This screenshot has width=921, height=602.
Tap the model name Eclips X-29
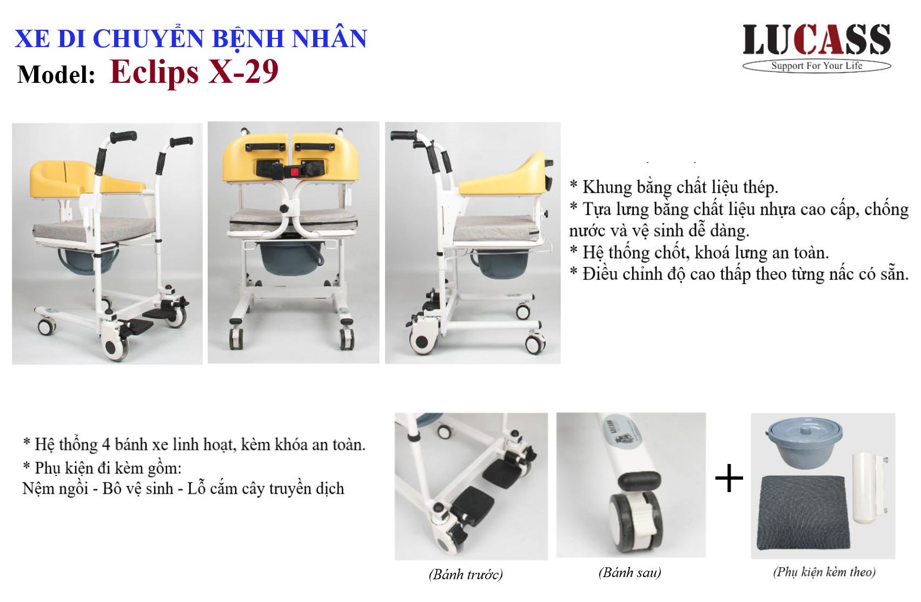(194, 72)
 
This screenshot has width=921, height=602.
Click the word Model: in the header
(56, 75)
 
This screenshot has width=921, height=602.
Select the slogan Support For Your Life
(817, 66)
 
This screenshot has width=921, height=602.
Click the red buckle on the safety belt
(294, 172)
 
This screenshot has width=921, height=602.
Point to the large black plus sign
(729, 479)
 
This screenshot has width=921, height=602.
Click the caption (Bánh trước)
(466, 574)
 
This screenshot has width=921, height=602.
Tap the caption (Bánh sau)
(630, 573)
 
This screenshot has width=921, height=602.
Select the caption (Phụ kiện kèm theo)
(824, 572)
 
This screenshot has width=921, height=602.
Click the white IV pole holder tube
(869, 488)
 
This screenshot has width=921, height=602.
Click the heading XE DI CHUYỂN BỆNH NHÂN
(191, 39)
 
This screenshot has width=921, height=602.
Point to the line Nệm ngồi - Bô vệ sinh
(183, 489)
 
